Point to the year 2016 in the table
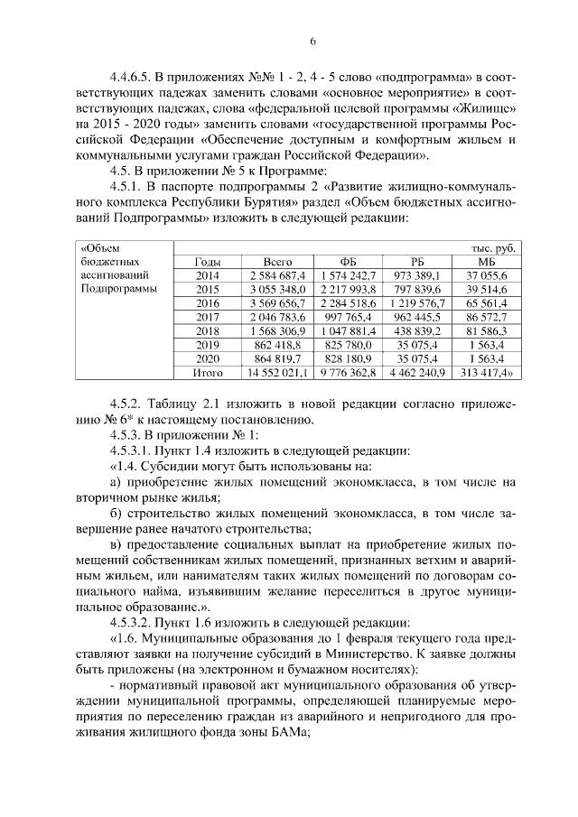click(x=207, y=305)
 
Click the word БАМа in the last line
click(x=286, y=733)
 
